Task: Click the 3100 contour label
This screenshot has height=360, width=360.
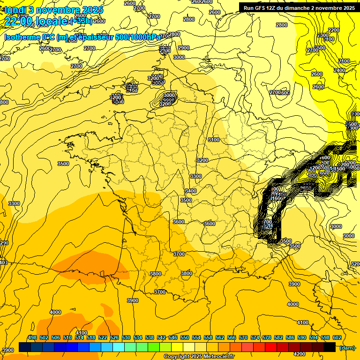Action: click(214, 140)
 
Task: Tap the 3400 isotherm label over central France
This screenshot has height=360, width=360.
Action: click(191, 191)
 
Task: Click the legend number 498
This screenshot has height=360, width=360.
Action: click(32, 337)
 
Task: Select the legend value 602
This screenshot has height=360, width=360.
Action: click(337, 337)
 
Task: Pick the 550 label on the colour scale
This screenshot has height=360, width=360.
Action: click(185, 337)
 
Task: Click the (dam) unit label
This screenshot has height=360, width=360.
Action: click(347, 347)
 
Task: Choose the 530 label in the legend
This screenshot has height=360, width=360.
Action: click(126, 337)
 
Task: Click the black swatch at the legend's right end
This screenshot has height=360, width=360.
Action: click(330, 347)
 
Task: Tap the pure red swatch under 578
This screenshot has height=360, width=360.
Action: click(271, 347)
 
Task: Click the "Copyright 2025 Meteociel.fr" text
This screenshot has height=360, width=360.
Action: click(199, 357)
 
